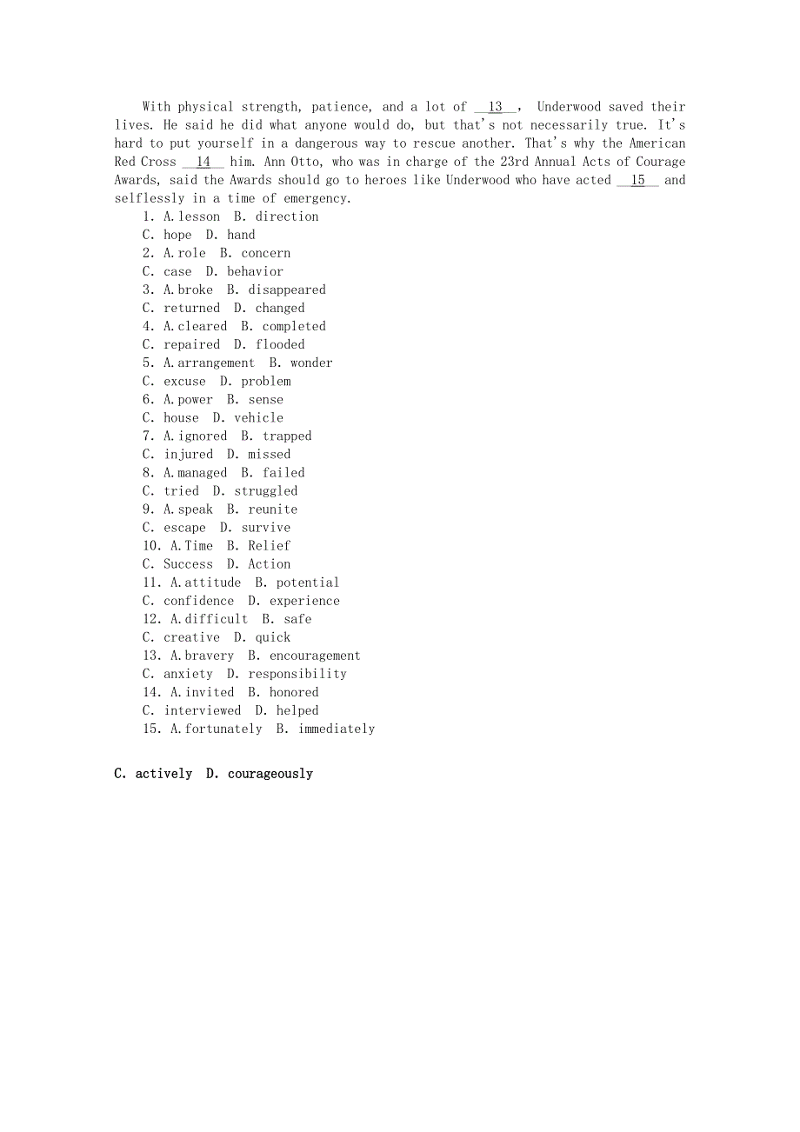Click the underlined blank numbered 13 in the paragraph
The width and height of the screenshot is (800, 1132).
(496, 107)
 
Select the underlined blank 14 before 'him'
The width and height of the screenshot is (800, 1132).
(203, 162)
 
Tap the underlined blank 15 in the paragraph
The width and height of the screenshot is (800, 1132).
(637, 180)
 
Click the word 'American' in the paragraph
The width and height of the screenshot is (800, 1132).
(657, 143)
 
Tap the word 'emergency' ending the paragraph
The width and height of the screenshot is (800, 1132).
(316, 198)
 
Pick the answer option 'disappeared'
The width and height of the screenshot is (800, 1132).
(287, 290)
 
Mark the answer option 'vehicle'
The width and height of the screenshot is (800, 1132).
(258, 417)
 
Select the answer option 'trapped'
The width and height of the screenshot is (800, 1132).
(287, 436)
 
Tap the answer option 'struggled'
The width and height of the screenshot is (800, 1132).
(265, 490)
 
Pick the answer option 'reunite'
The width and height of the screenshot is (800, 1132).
(272, 509)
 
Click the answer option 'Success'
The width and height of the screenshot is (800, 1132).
(188, 563)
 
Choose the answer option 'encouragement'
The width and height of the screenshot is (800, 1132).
(315, 656)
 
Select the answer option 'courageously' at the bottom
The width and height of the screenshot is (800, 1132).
(270, 774)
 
